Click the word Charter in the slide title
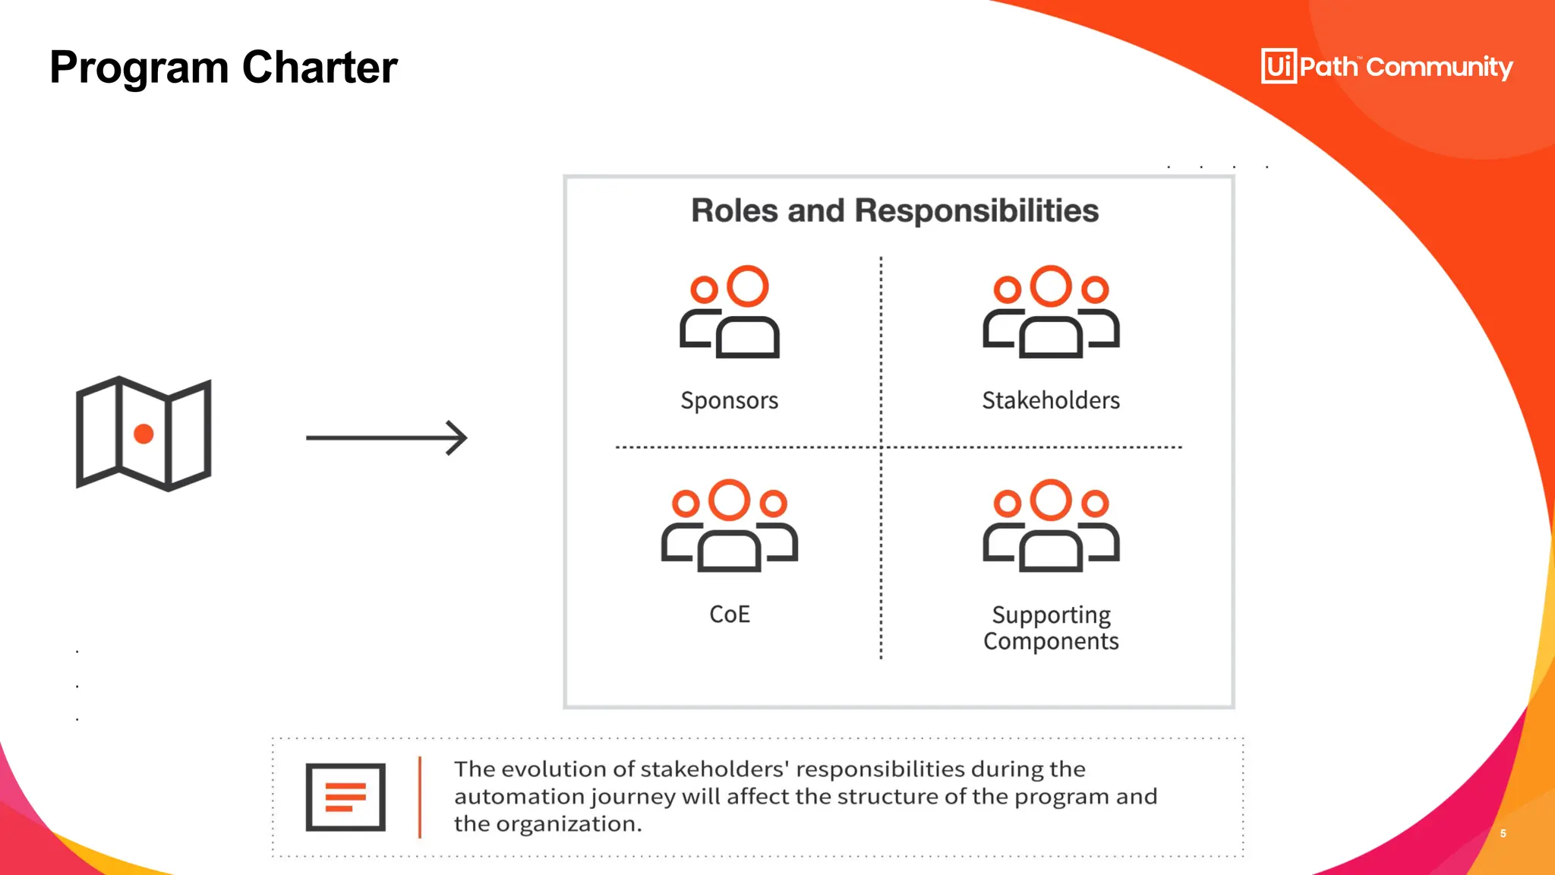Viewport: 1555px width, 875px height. coord(319,68)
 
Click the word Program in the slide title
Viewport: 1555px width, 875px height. coord(139,68)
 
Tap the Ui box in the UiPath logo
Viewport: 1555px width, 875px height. coord(1279,66)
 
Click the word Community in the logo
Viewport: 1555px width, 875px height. coord(1439,67)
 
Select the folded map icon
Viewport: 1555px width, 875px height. coord(144,434)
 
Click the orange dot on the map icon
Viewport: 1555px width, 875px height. coord(144,434)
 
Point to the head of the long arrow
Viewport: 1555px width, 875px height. coord(459,437)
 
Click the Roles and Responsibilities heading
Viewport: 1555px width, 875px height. coord(894,210)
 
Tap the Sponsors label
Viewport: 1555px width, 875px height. coord(729,400)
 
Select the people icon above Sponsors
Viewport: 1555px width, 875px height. coord(730,311)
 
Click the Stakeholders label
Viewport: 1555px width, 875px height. coord(1051,400)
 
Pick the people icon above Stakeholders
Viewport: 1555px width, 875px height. coord(1051,311)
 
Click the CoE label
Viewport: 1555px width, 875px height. coord(729,614)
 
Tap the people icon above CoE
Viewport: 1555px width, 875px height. coord(729,525)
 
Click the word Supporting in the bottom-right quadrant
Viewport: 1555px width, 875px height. coord(1051,614)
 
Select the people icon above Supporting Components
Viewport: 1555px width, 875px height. coord(1051,525)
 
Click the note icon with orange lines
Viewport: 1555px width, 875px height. coord(345,797)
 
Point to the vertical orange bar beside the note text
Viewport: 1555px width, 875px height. coord(420,797)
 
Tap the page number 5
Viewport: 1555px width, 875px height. coord(1503,833)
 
